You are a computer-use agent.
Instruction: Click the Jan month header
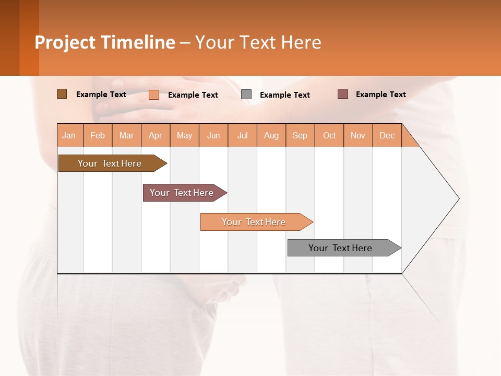pyautogui.click(x=69, y=135)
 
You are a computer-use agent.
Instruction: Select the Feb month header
pyautogui.click(x=98, y=135)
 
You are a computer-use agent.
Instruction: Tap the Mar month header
pyautogui.click(x=126, y=135)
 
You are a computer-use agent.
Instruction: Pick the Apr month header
pyautogui.click(x=156, y=135)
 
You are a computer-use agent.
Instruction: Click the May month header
pyautogui.click(x=184, y=135)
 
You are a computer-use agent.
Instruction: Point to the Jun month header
pyautogui.click(x=213, y=135)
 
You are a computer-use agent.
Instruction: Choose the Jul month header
pyautogui.click(x=242, y=135)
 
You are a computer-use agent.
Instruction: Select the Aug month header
pyautogui.click(x=271, y=135)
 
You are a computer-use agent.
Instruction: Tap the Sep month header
pyautogui.click(x=300, y=135)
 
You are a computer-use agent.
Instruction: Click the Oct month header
pyautogui.click(x=329, y=135)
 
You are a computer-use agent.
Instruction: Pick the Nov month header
pyautogui.click(x=358, y=135)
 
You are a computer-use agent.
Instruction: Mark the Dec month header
pyautogui.click(x=387, y=135)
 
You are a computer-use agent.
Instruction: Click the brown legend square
pyautogui.click(x=62, y=94)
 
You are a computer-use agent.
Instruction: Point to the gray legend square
pyautogui.click(x=246, y=95)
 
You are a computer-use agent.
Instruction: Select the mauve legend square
pyautogui.click(x=343, y=94)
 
